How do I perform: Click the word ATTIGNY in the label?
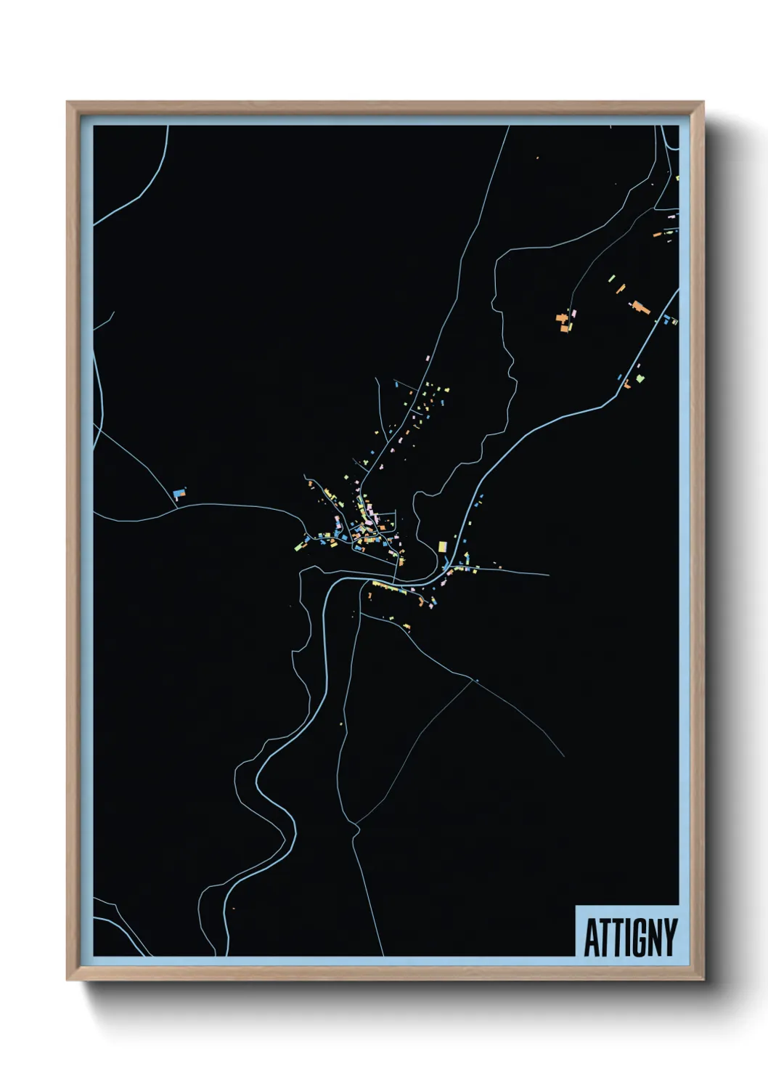coord(629,938)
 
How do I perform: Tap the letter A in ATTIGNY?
coord(591,938)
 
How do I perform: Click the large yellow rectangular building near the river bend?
coord(442,546)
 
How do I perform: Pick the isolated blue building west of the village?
coord(179,494)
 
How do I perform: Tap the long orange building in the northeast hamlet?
coord(640,306)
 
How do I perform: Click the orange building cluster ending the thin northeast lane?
coord(562,320)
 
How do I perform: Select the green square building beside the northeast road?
coord(640,378)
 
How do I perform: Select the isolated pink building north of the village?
coord(428,357)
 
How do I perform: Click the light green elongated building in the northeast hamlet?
coord(612,279)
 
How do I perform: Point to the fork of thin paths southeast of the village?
coord(475,680)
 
